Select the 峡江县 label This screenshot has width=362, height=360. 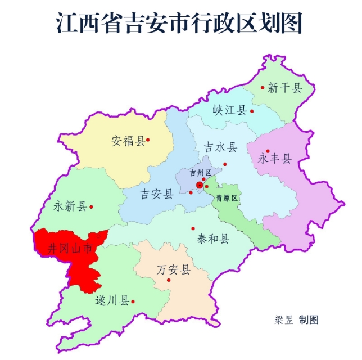[x=230, y=110]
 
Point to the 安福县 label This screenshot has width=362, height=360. [x=128, y=141]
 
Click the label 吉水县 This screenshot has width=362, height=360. [x=220, y=147]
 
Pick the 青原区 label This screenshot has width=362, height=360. [x=227, y=198]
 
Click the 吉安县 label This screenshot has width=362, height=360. [x=157, y=194]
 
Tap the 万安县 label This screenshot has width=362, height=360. [x=174, y=269]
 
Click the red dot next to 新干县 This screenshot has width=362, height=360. [x=263, y=87]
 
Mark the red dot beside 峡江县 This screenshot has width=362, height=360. [x=252, y=111]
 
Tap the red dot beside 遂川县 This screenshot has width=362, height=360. [x=133, y=301]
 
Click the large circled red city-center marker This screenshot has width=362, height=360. [x=199, y=184]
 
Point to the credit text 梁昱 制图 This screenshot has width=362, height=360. [x=297, y=319]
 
